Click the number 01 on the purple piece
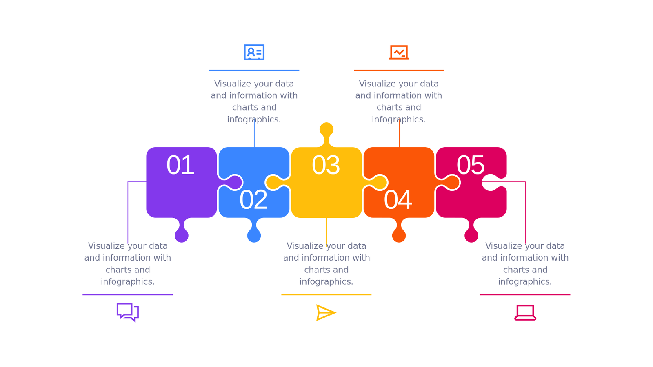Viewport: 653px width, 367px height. [180, 165]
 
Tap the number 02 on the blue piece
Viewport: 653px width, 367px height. [253, 200]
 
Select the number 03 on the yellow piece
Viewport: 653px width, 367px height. [326, 165]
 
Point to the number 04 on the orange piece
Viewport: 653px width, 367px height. [398, 200]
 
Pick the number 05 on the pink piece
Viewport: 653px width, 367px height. [471, 165]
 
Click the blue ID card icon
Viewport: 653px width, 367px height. [254, 52]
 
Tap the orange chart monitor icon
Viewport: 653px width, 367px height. [399, 52]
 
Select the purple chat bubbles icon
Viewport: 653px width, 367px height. [128, 312]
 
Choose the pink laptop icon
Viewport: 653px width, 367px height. [525, 313]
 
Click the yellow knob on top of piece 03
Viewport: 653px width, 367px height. [326, 130]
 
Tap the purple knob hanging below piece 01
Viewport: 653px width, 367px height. [182, 235]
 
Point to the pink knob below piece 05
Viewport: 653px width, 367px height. [471, 235]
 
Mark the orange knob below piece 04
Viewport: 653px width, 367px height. [399, 235]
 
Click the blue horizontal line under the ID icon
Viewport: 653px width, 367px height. [254, 70]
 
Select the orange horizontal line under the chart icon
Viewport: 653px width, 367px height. [399, 70]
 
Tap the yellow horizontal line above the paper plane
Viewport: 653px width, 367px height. [326, 294]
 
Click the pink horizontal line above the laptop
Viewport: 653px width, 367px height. [525, 294]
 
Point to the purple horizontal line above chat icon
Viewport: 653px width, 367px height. [128, 294]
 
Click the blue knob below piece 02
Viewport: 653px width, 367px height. [254, 235]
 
